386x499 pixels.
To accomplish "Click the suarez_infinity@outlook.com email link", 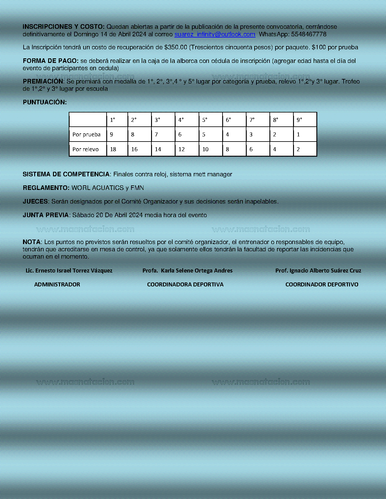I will coord(215,34).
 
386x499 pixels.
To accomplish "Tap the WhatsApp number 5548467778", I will coord(308,34).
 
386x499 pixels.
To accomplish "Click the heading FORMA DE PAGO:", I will coord(51,61).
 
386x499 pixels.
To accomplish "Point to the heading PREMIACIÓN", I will coord(43,81).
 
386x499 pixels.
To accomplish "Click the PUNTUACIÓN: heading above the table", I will coord(45,102).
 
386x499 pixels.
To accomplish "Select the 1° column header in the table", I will coord(113,120).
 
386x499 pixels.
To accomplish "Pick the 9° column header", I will coord(299,120).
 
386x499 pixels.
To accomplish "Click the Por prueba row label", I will coord(87,135).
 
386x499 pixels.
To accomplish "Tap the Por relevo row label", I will coord(85,149).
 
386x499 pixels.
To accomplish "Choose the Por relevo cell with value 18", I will coord(113,149).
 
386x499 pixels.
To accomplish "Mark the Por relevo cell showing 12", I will coord(182,149).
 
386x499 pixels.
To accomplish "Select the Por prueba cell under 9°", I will coord(298,135).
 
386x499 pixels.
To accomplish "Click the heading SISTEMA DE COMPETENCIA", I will coord(66,174).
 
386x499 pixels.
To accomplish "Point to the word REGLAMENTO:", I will coord(46,188).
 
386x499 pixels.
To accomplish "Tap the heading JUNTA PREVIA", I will coord(46,215).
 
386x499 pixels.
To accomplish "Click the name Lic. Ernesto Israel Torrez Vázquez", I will coord(69,271).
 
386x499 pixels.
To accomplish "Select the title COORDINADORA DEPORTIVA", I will coord(185,285).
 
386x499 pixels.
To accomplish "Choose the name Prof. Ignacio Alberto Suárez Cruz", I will coord(318,271).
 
